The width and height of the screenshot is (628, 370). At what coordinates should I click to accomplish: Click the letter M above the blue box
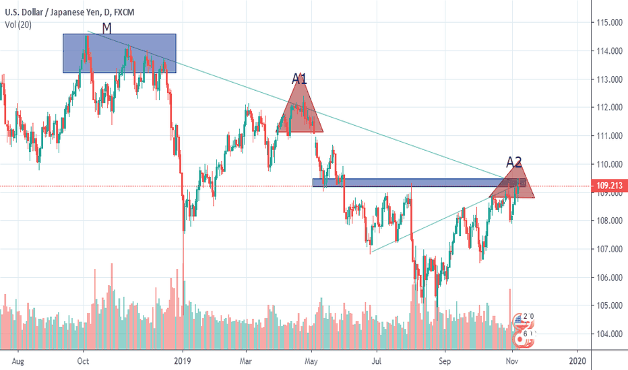click(x=107, y=28)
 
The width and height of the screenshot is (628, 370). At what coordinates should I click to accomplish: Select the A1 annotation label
click(x=299, y=79)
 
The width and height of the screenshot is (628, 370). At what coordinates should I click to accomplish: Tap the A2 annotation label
click(x=514, y=161)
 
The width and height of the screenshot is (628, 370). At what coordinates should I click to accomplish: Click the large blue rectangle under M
click(x=119, y=53)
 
